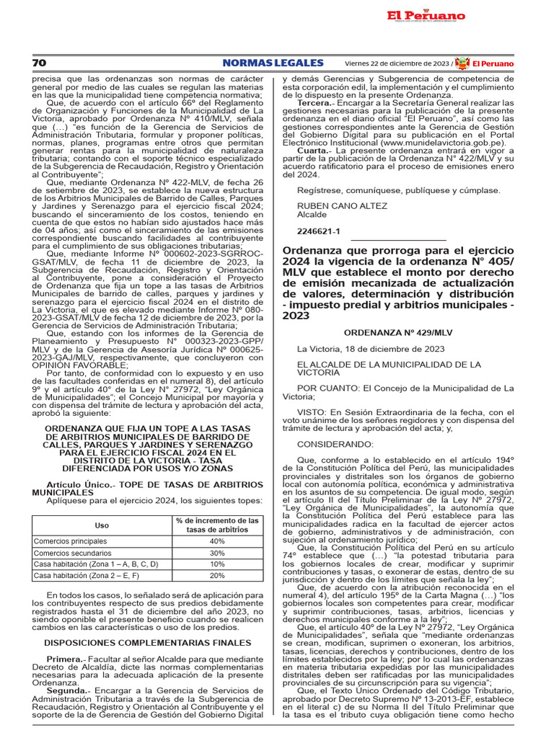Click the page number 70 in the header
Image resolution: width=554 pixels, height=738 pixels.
(x=38, y=63)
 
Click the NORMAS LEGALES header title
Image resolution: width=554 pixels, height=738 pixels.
(x=273, y=63)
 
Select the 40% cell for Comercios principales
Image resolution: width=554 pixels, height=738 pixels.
(x=217, y=541)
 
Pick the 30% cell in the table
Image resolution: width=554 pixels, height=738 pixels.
(x=217, y=553)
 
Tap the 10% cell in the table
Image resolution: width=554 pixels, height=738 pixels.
(x=217, y=564)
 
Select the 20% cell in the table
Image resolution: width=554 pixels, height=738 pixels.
(x=217, y=576)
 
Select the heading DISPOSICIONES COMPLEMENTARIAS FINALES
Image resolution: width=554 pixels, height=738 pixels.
(x=148, y=642)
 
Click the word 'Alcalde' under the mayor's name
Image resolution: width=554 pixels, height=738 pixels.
(x=312, y=215)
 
